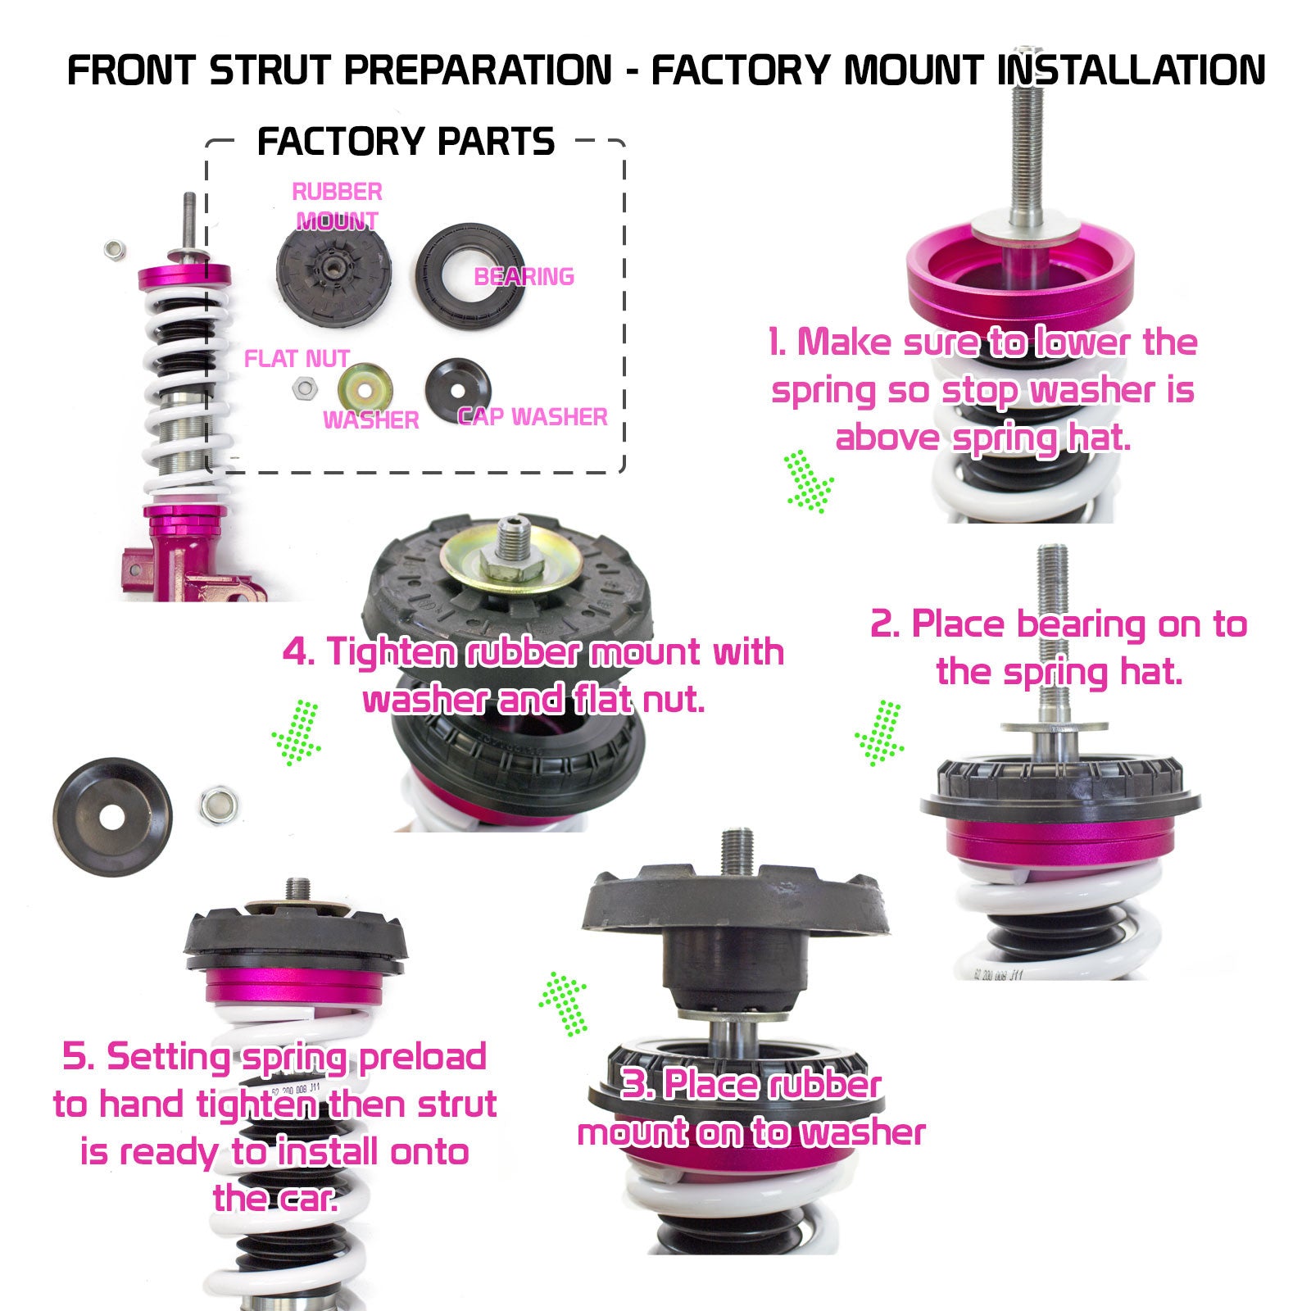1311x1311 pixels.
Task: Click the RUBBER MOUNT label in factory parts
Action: pyautogui.click(x=337, y=206)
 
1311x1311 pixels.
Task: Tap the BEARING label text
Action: pyautogui.click(x=524, y=277)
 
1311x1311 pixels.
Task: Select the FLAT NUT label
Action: pyautogui.click(x=297, y=359)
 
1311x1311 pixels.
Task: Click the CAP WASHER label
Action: pyautogui.click(x=533, y=417)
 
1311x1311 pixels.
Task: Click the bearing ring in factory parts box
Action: pyautogui.click(x=470, y=277)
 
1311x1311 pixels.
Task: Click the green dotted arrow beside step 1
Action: pyautogui.click(x=810, y=483)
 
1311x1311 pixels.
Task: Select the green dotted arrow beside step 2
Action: pyautogui.click(x=879, y=733)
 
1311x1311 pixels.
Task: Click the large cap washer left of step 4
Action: pyautogui.click(x=113, y=805)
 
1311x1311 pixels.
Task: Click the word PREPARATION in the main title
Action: pyautogui.click(x=478, y=70)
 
